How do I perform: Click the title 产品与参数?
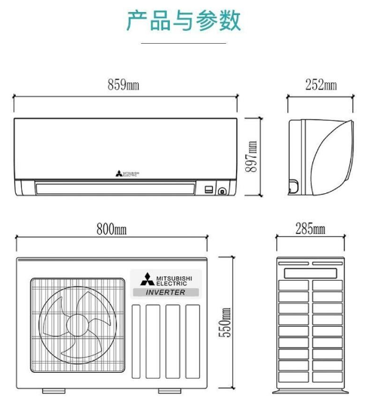183,20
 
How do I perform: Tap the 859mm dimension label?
123,85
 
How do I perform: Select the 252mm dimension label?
321,85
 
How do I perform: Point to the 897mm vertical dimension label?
251,157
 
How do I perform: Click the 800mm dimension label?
112,229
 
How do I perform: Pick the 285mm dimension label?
310,229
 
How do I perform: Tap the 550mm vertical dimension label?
224,322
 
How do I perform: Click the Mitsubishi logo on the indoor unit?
128,174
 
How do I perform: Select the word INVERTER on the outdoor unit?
166,292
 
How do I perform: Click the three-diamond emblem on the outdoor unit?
147,279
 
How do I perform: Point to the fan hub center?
78,325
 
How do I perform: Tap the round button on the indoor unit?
222,192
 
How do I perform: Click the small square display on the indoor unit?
209,189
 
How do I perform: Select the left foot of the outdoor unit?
54,391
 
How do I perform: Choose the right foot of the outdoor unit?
170,391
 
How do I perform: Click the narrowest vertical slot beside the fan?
136,342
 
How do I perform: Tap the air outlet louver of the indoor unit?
115,189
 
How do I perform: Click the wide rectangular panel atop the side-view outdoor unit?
310,273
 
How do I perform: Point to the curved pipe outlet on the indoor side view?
293,186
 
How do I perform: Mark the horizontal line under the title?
183,43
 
